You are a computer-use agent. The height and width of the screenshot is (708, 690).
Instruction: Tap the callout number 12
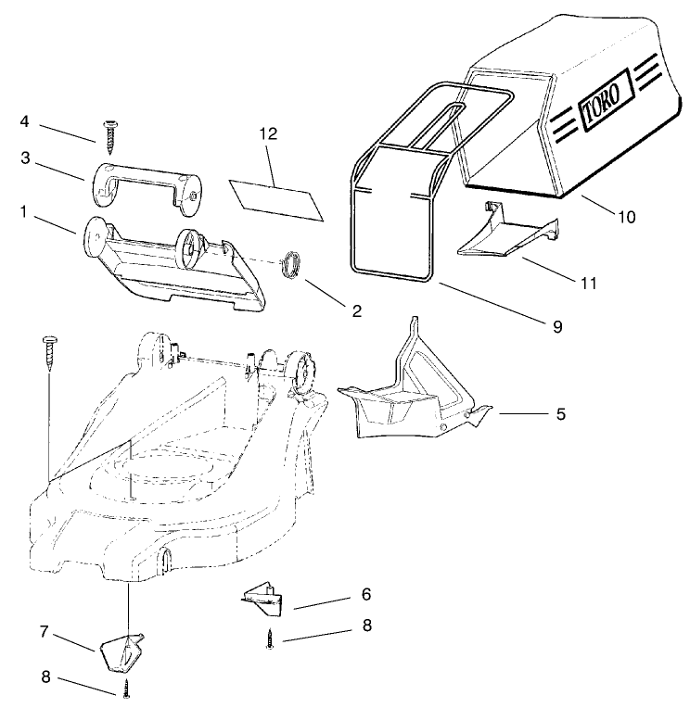tap(269, 134)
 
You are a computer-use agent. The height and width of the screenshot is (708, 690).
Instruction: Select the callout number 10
tap(627, 218)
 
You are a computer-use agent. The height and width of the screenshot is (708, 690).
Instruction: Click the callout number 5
tap(560, 414)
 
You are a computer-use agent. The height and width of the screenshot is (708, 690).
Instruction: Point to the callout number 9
tap(556, 326)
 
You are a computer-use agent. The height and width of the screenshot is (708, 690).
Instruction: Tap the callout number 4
tap(25, 120)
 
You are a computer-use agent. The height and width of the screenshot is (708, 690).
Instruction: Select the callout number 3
tap(26, 158)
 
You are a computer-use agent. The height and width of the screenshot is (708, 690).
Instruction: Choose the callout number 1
tap(22, 212)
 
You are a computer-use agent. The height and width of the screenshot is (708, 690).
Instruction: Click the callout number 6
tap(365, 593)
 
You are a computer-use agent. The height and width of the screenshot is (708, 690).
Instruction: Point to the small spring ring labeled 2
tap(291, 262)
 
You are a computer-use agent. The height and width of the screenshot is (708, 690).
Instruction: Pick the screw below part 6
tap(269, 639)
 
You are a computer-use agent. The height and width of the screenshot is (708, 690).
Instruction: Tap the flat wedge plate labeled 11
tap(505, 237)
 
